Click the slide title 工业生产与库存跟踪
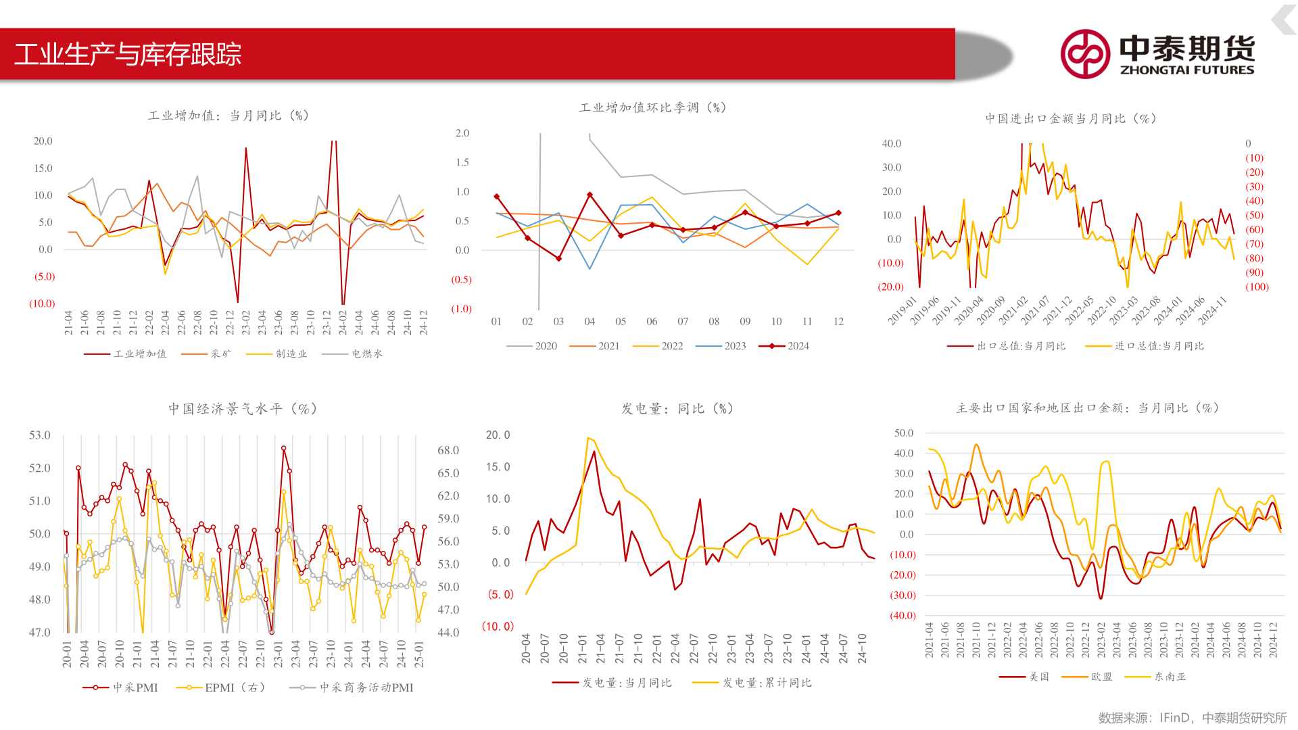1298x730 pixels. click(128, 54)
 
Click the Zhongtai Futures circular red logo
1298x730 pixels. click(1085, 54)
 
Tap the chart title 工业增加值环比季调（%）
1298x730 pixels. click(652, 107)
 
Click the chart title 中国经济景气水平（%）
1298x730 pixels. click(243, 409)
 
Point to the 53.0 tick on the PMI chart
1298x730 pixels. click(39, 435)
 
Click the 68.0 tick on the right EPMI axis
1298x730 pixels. click(448, 450)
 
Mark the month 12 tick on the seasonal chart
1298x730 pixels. click(838, 322)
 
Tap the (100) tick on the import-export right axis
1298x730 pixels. click(1257, 287)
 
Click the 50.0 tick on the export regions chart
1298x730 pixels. click(904, 433)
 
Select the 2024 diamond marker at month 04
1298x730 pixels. click(590, 195)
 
